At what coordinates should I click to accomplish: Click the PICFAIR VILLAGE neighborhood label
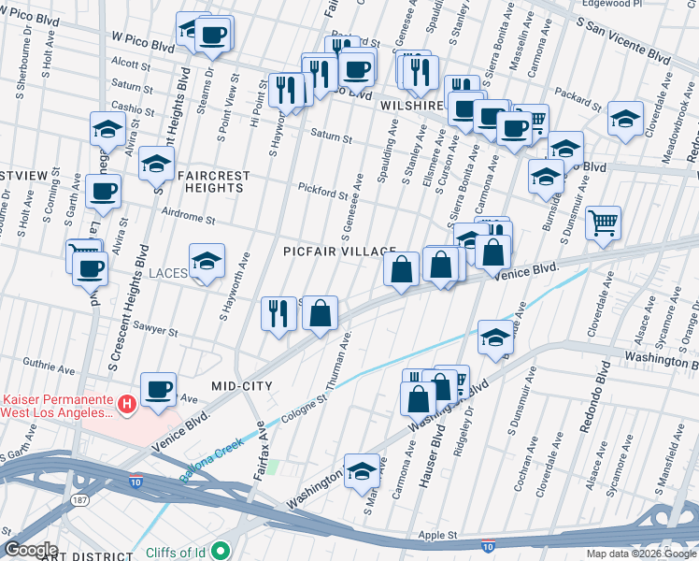click(x=328, y=252)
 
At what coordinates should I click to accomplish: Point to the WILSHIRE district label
click(x=411, y=107)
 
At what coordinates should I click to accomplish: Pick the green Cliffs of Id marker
click(x=221, y=552)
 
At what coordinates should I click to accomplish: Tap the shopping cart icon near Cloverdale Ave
click(x=604, y=223)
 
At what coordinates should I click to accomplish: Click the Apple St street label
click(x=437, y=536)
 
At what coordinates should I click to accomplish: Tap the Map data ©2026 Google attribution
click(x=640, y=554)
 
